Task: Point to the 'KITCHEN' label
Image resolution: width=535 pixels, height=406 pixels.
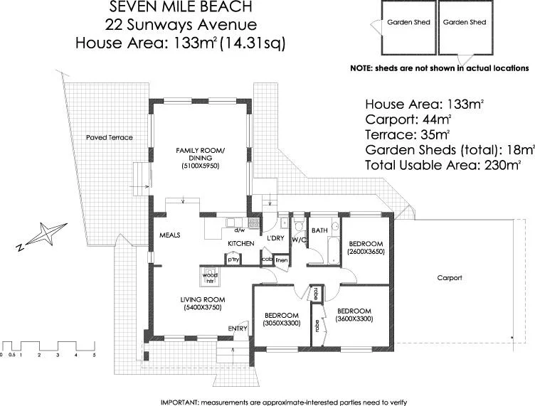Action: click(x=240, y=244)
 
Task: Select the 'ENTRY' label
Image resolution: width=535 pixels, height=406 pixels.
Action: click(x=238, y=328)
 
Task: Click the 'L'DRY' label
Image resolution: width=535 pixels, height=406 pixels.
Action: click(x=275, y=237)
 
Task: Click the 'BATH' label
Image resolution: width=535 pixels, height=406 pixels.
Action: click(x=319, y=230)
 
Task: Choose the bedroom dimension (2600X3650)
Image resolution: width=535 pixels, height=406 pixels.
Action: click(x=366, y=252)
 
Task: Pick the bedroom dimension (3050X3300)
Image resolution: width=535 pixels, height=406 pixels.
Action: click(x=282, y=324)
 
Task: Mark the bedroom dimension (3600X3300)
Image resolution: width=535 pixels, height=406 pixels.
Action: click(x=354, y=319)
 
